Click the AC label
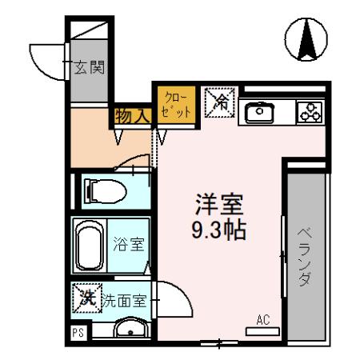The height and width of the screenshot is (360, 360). (262, 320)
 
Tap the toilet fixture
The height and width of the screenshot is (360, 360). (102, 190)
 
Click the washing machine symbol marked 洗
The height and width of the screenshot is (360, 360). (84, 299)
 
